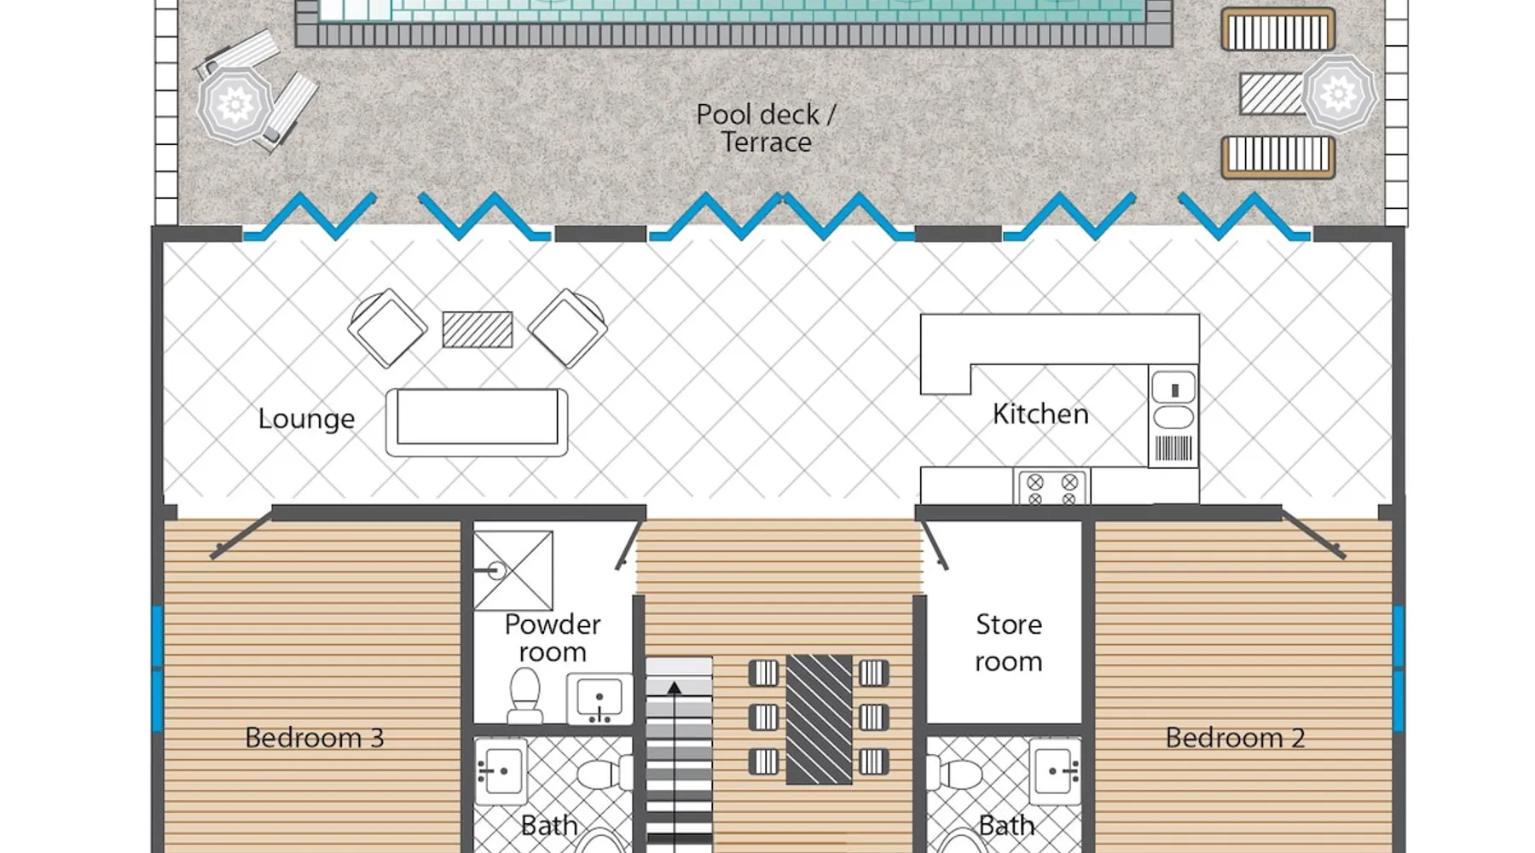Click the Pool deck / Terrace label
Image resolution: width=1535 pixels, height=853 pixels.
766,128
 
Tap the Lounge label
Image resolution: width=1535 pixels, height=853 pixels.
306,419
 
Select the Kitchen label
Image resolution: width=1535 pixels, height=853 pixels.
1040,414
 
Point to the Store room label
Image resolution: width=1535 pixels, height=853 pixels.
1009,642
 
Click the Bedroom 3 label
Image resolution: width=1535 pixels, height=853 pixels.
314,738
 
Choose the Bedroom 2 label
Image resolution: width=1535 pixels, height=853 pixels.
1235,738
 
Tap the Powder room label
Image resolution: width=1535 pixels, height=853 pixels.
553,637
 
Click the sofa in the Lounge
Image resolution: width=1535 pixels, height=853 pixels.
477,421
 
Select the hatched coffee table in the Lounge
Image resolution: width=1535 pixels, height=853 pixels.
478,330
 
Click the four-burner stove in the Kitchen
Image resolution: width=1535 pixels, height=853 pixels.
1051,488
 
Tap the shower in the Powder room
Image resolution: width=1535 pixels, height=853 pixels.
513,570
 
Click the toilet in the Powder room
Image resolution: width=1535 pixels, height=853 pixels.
524,695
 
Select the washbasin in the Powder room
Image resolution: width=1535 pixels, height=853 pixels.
600,699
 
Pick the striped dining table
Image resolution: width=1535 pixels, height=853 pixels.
819,719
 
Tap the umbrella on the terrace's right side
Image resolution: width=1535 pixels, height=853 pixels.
1338,93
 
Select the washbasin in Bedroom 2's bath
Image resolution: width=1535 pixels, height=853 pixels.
1056,771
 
